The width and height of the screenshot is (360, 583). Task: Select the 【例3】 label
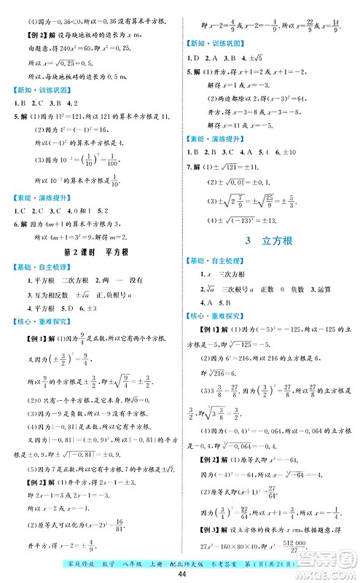click(x=200, y=531)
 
